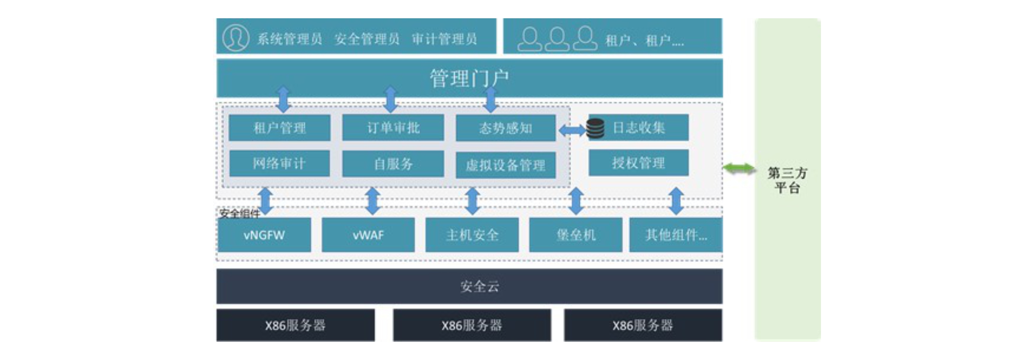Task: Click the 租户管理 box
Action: [x=279, y=127]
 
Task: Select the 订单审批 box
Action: [x=393, y=127]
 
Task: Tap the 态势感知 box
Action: [x=505, y=128]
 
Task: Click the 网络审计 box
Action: [x=279, y=163]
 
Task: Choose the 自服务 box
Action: [x=393, y=164]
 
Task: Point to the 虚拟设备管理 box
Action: [x=505, y=165]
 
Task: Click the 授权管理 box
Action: [x=638, y=163]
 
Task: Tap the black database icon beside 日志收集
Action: [x=595, y=128]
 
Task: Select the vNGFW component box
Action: [x=264, y=235]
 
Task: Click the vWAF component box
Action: [x=368, y=235]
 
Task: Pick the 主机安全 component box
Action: [x=472, y=235]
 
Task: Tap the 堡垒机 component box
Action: [x=576, y=235]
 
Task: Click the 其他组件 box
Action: [x=676, y=235]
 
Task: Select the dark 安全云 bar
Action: [x=469, y=286]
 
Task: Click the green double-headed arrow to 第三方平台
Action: [x=738, y=168]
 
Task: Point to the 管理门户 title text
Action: [x=469, y=78]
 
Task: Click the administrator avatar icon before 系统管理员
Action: [x=235, y=38]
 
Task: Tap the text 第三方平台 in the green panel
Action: [x=787, y=180]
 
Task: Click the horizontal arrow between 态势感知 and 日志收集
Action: [x=572, y=130]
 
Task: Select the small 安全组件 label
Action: [x=240, y=213]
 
